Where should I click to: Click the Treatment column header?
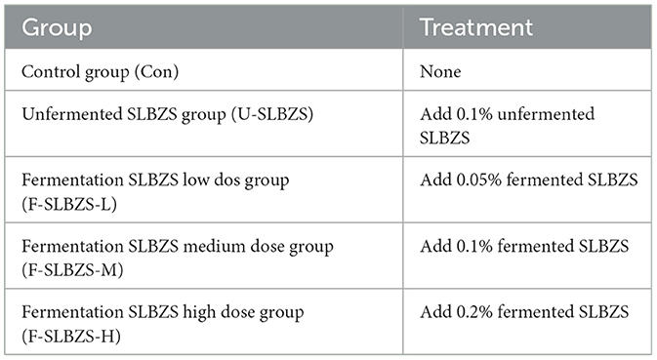coord(476,27)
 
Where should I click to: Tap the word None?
coord(440,71)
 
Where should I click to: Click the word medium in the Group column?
coord(209,246)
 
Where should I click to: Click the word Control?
coord(46,71)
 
